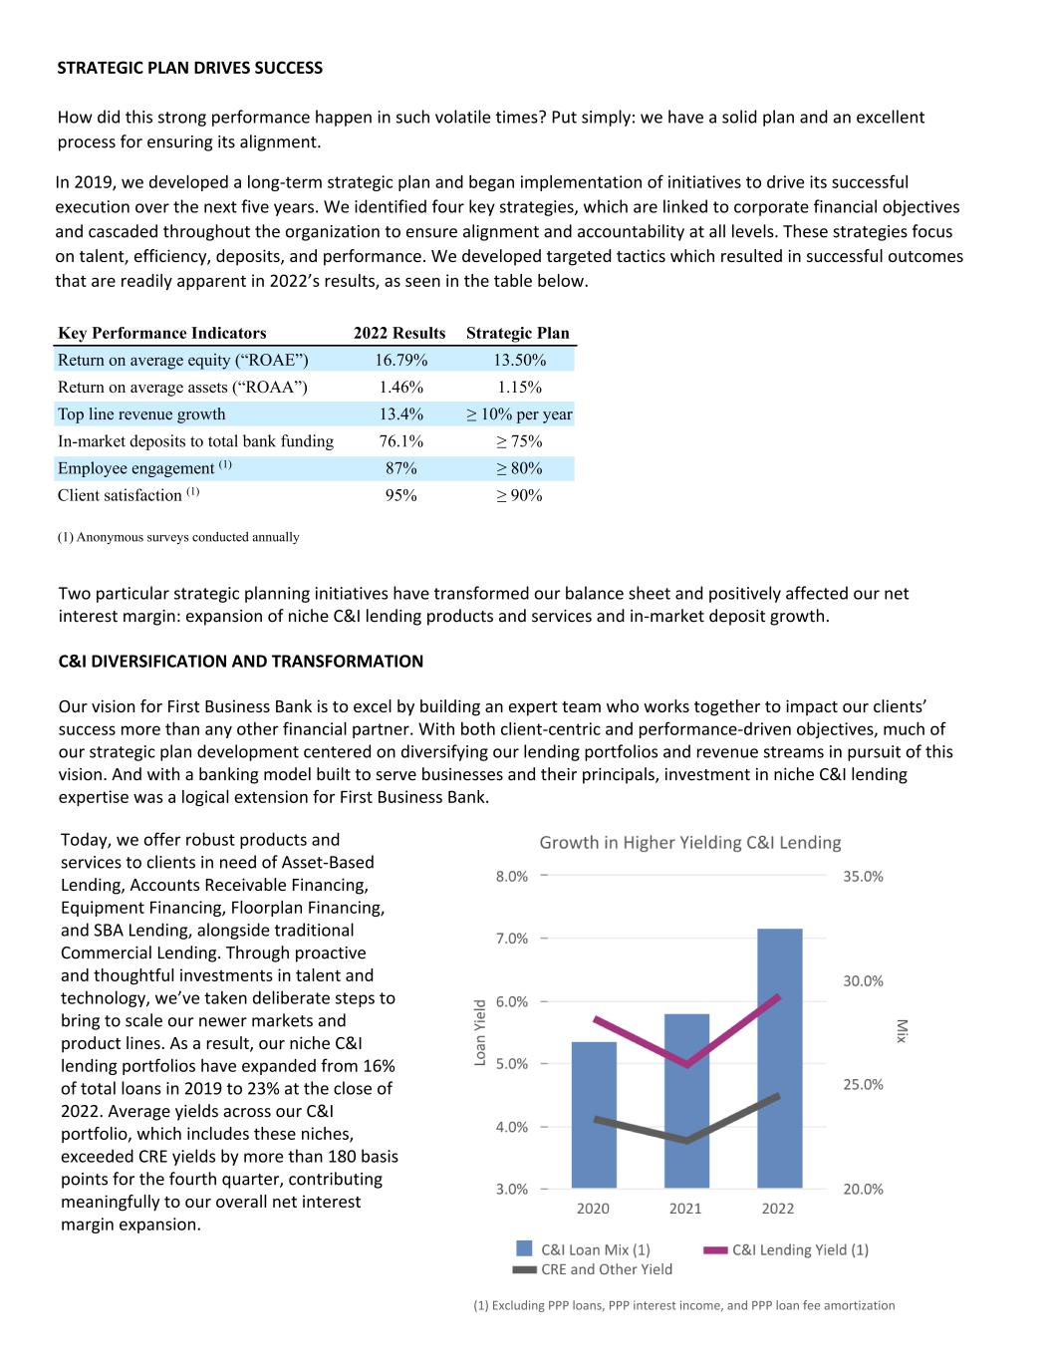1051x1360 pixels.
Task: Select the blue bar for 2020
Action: point(594,1115)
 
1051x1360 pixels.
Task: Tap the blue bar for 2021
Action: point(686,1101)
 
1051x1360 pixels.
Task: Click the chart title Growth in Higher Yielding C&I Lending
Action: point(690,843)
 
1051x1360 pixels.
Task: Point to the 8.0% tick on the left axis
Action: point(512,877)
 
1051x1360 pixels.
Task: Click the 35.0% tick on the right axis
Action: point(863,877)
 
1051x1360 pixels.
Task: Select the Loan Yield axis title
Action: point(480,1032)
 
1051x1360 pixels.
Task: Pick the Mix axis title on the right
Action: point(901,1031)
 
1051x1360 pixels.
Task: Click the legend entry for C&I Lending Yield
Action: point(800,1250)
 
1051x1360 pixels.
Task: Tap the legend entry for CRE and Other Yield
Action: point(606,1269)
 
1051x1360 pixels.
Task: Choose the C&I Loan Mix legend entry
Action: point(595,1249)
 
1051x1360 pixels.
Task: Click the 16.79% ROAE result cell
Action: point(400,360)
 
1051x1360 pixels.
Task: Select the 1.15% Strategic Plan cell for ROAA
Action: point(519,387)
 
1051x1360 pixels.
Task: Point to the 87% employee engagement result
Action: point(400,468)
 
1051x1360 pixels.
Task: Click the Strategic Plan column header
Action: point(517,333)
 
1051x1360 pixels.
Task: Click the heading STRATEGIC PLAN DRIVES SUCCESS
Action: point(190,68)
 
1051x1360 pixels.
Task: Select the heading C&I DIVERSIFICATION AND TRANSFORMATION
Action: point(241,661)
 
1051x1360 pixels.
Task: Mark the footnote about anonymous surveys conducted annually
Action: point(178,537)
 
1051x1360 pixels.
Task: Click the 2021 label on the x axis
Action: point(685,1209)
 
